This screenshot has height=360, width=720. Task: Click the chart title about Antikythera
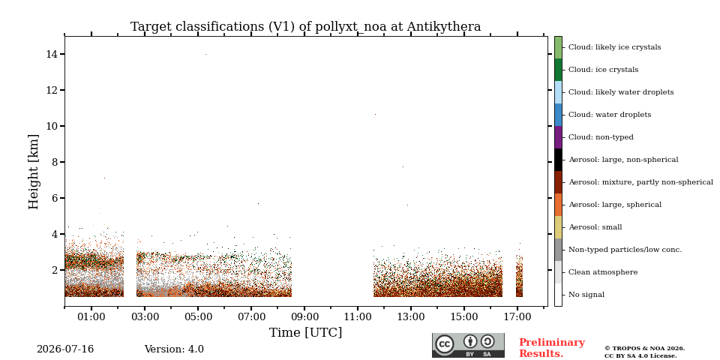[x=305, y=27]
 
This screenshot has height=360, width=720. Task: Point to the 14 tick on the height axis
[x=51, y=54]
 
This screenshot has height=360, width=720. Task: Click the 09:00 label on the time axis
[x=304, y=316]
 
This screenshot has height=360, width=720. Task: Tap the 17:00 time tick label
[x=517, y=316]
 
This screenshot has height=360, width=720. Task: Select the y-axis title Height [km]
[x=34, y=172]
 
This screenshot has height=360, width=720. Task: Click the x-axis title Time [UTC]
[x=305, y=332]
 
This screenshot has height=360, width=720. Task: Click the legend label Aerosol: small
[x=595, y=227]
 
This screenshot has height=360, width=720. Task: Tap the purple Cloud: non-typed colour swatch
[x=558, y=137]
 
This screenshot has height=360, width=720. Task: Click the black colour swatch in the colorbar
[x=558, y=160]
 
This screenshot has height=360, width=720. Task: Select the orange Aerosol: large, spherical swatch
[x=558, y=205]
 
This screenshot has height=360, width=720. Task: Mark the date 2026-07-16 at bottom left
[x=65, y=349]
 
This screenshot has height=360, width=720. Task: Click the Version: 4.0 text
[x=174, y=349]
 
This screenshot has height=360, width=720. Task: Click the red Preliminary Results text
[x=552, y=348]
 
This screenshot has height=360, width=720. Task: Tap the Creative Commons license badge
[x=468, y=345]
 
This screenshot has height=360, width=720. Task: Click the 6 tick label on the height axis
[x=54, y=198]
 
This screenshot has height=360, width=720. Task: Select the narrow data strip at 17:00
[x=519, y=274]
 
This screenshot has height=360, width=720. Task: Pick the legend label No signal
[x=586, y=295]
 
